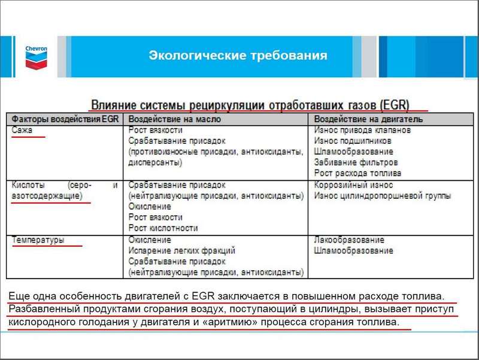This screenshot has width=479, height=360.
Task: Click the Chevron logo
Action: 37,56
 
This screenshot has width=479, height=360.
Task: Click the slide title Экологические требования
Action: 238,56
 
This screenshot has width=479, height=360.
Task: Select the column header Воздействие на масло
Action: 175,119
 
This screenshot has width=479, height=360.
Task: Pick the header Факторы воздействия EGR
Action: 65,119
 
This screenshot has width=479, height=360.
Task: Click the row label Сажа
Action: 23,130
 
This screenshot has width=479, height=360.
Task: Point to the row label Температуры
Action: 38,240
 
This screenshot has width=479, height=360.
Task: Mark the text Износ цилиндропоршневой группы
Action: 382,196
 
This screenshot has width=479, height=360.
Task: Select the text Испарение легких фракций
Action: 182,250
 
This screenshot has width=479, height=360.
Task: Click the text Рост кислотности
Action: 163,228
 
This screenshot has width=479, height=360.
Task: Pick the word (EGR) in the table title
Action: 395,104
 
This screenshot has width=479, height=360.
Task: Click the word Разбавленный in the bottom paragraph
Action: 40,309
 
